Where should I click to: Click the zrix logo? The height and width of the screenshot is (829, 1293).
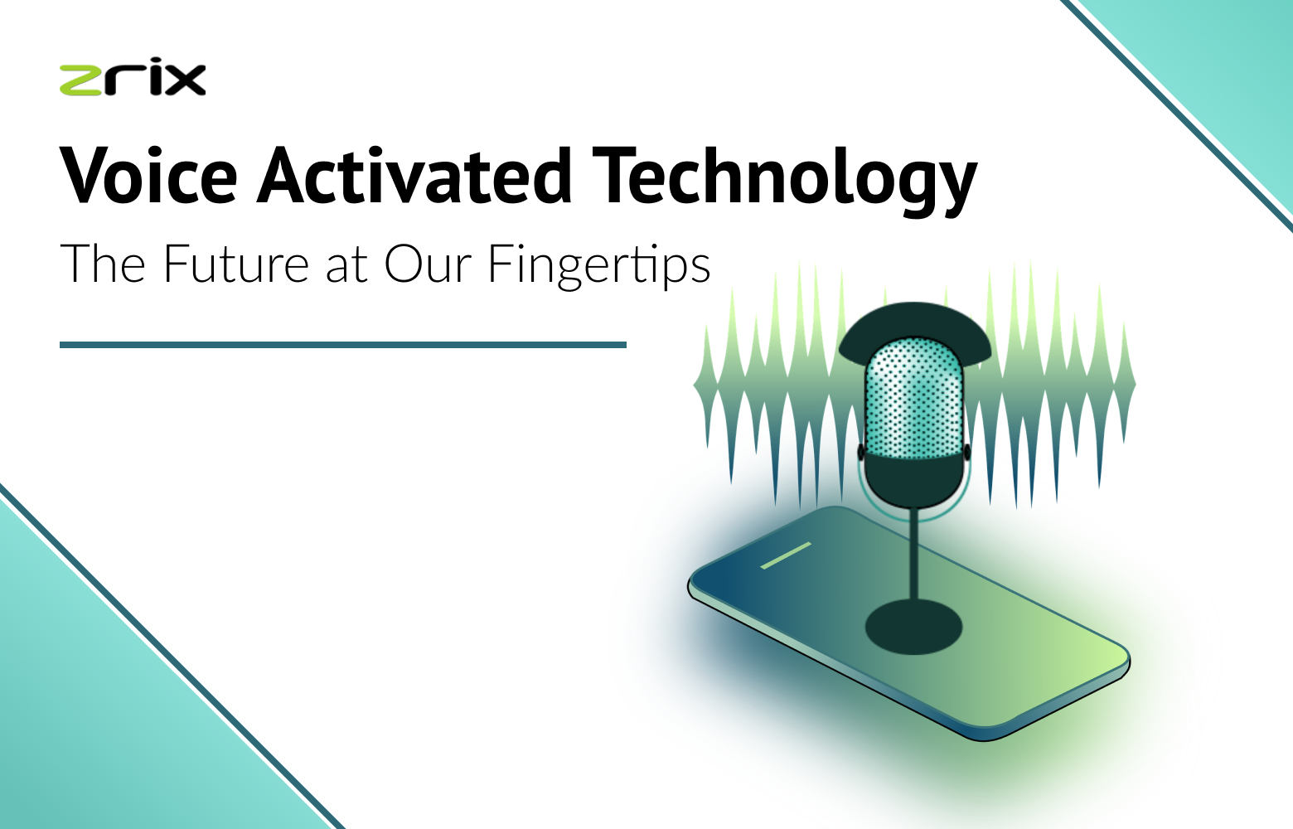click(x=133, y=79)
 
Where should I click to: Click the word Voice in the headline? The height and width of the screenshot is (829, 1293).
click(x=149, y=176)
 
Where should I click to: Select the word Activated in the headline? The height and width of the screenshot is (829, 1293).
click(x=414, y=176)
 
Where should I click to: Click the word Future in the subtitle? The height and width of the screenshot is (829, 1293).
click(x=235, y=264)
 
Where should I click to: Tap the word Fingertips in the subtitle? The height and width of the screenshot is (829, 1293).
click(x=598, y=266)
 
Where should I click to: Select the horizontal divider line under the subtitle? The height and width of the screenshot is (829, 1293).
click(x=342, y=344)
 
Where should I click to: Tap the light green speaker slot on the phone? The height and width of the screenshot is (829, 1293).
click(x=786, y=555)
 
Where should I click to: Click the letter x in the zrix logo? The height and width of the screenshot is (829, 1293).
click(x=189, y=80)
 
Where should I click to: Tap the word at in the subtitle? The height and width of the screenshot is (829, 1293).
click(x=346, y=266)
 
